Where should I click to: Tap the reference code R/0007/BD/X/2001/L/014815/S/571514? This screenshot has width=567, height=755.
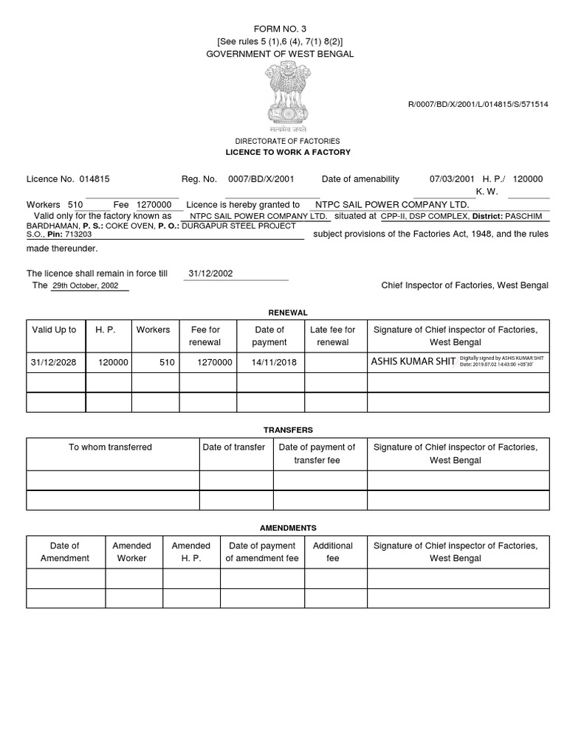point(478,105)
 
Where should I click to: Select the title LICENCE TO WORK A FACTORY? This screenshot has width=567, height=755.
point(287,152)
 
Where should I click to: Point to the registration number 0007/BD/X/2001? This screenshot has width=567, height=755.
point(261,179)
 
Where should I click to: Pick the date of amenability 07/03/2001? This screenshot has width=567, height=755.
point(452,179)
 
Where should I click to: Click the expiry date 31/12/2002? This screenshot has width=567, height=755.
point(210,273)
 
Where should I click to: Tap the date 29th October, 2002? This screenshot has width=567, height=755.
point(85,285)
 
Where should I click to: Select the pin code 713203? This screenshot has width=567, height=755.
point(79,234)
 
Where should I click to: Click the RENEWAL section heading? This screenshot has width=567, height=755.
point(288,313)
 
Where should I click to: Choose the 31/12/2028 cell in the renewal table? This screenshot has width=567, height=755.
point(54,362)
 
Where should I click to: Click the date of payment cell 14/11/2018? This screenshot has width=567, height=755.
point(269,362)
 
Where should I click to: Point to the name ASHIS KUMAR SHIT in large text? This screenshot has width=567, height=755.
point(413,362)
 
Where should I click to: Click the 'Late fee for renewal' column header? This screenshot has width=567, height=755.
point(332,336)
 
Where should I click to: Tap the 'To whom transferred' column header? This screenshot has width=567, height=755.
point(111,448)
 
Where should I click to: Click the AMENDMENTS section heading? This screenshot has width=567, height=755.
point(288,528)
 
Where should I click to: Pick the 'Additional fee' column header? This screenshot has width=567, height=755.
point(333,552)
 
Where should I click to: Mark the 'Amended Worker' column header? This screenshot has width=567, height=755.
point(131,552)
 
